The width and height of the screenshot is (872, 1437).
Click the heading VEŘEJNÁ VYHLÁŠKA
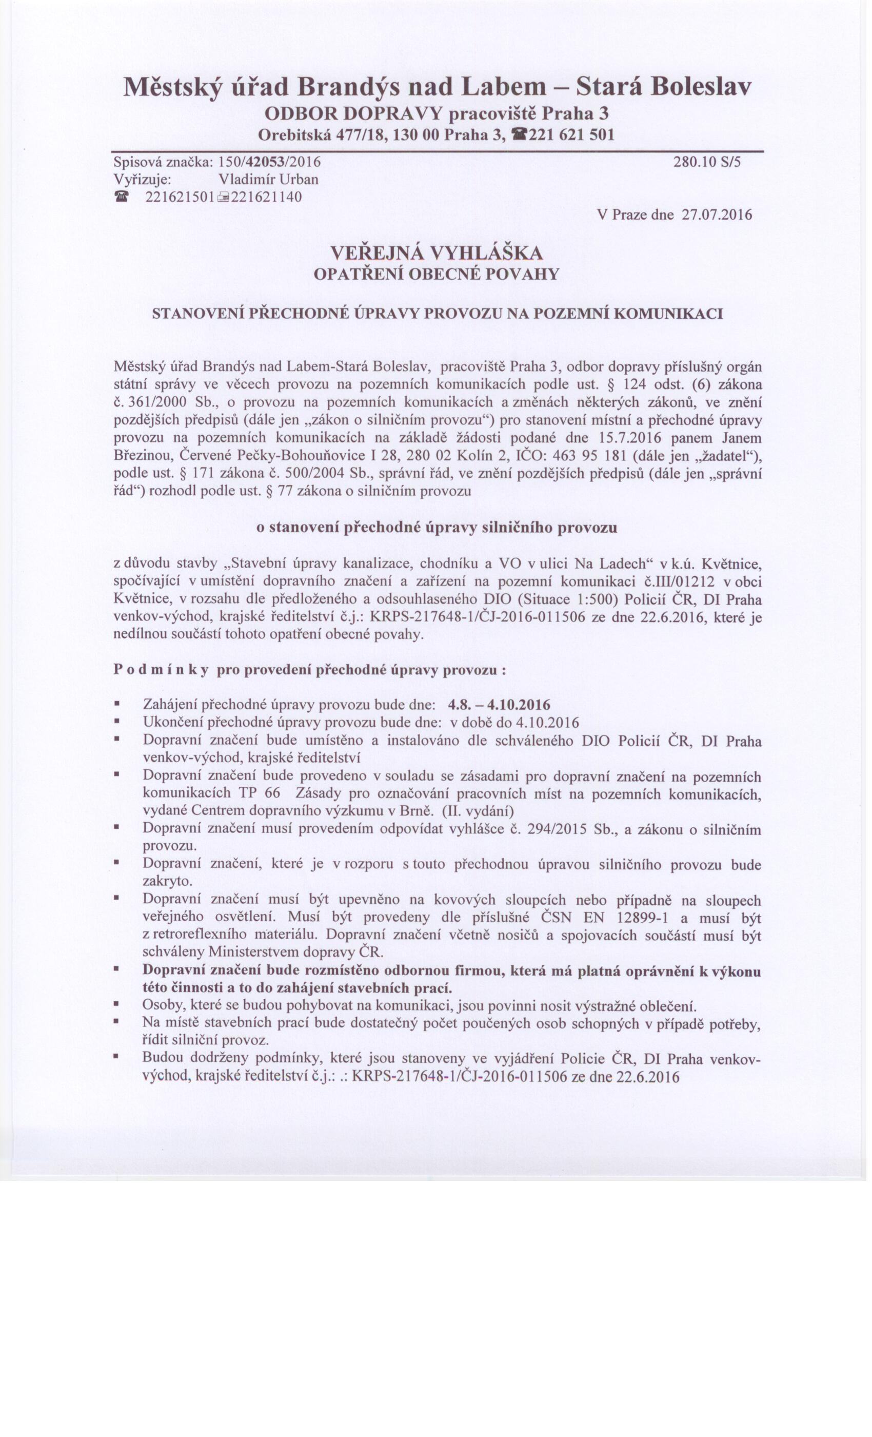pos(436,253)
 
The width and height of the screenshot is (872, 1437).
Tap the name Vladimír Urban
pos(268,179)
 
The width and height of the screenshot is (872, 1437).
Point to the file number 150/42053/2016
pos(269,162)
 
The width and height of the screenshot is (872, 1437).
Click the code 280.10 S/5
pos(706,162)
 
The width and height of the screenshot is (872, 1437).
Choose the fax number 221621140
pos(266,197)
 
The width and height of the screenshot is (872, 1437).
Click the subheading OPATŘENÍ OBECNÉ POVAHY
pos(436,274)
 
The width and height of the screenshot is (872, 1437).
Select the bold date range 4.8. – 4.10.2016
pos(499,705)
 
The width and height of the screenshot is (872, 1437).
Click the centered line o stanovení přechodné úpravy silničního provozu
pos(436,528)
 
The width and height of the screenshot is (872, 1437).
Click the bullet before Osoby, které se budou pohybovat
pos(116,1006)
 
